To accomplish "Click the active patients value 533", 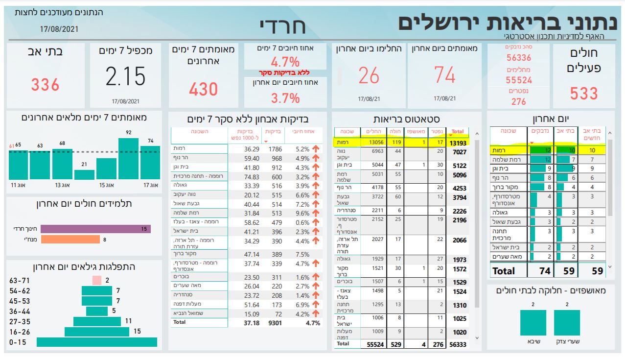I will (x=584, y=93).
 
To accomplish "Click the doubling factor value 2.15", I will (x=125, y=76).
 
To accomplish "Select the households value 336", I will (x=45, y=85).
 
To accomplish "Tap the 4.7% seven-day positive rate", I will (x=285, y=62).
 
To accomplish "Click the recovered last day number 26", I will (x=369, y=76).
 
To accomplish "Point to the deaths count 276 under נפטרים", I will (x=518, y=101).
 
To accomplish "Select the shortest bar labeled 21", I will (x=84, y=174).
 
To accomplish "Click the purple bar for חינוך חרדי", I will (x=95, y=229).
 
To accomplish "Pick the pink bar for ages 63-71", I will (x=97, y=281).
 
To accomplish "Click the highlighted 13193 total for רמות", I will (x=458, y=143).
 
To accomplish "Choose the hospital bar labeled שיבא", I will (x=533, y=322).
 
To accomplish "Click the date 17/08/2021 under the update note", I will (x=59, y=29).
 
